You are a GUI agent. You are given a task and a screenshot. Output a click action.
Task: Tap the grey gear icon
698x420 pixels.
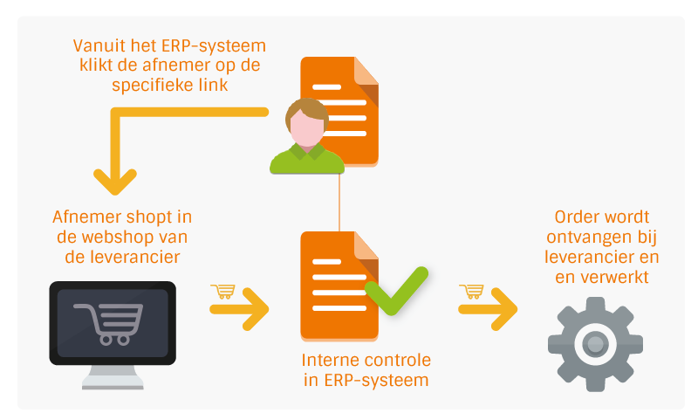coord(594,343)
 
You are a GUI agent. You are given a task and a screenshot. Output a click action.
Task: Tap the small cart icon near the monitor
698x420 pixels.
coord(222,291)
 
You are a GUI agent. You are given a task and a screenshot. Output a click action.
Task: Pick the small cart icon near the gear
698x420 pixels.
coord(471,291)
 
